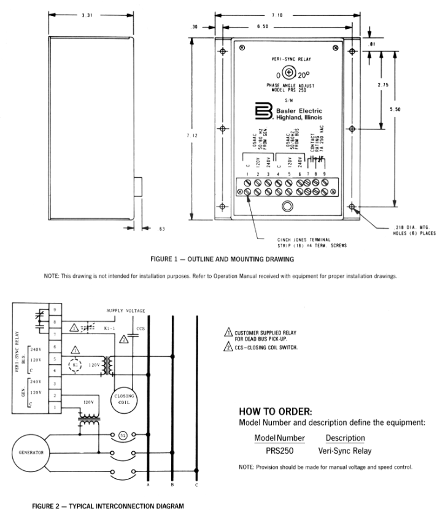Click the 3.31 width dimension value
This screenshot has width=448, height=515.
(87, 15)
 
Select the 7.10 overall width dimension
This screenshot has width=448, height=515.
(277, 15)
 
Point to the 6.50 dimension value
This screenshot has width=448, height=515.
(263, 26)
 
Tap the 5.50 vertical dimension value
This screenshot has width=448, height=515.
(395, 109)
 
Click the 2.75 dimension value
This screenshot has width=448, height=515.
(383, 85)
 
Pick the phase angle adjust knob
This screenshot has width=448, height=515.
(288, 72)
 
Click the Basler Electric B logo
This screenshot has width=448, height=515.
(264, 111)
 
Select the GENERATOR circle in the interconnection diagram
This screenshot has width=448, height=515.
(31, 452)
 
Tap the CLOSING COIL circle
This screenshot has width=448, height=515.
(124, 399)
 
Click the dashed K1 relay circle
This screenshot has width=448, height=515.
(75, 365)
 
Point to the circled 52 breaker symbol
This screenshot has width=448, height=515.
(123, 435)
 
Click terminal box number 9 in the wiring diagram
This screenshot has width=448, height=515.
(55, 310)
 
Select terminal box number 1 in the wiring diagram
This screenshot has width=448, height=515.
(55, 407)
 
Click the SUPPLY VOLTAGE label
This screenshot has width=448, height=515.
(126, 311)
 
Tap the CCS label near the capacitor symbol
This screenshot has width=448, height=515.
(141, 329)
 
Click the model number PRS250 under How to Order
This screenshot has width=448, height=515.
(279, 451)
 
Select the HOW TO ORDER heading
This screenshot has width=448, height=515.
(276, 411)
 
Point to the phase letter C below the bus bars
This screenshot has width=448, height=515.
(196, 485)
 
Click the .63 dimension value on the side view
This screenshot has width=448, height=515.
(161, 229)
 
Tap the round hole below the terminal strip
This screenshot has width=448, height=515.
(287, 206)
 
